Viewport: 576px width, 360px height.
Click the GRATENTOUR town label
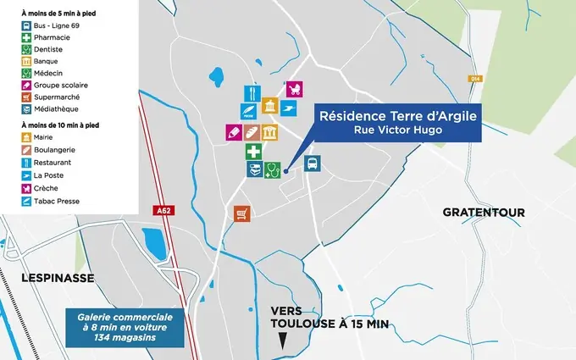[484, 212]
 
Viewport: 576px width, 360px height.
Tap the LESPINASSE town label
[47, 278]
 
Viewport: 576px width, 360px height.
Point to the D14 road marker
[475, 79]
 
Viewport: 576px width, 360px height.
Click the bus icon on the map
[312, 164]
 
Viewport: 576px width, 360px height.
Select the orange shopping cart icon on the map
[243, 213]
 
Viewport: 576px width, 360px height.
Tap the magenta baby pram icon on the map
[295, 89]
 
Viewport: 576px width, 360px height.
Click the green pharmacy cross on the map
[253, 152]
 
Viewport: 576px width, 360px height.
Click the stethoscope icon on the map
[272, 169]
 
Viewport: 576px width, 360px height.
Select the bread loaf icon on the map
[252, 132]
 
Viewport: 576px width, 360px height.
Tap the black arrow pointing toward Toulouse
[282, 341]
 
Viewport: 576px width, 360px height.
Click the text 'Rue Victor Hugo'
[398, 130]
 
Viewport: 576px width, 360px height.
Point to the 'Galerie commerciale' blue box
[125, 328]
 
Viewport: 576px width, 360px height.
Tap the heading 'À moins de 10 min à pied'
[60, 125]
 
